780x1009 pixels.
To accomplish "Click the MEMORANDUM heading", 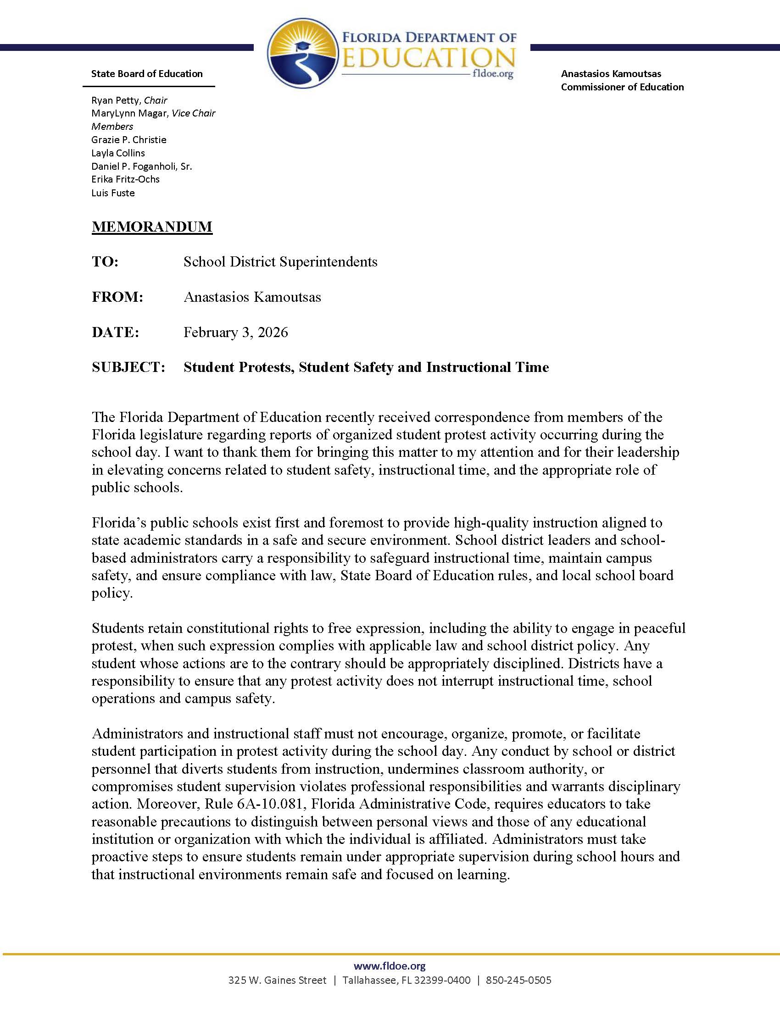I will (x=152, y=227).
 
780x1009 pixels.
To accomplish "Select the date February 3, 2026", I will (x=236, y=332).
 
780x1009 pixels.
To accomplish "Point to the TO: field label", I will (x=106, y=261).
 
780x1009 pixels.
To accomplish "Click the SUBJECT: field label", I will (x=128, y=367).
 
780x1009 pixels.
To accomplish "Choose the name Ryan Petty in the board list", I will (x=115, y=100).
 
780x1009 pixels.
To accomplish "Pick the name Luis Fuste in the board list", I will (x=113, y=193).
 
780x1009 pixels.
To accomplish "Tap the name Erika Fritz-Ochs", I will (x=125, y=179).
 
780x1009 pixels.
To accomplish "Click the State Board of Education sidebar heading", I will (x=147, y=73).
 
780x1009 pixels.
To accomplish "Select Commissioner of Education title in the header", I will (x=622, y=87).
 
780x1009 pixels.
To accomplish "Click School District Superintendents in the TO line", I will (x=280, y=261).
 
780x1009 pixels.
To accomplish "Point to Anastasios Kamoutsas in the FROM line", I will (x=252, y=297).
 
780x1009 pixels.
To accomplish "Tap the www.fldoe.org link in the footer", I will (x=390, y=965).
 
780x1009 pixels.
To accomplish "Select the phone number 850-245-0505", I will (x=518, y=980).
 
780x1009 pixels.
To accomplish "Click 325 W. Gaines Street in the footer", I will (x=277, y=980).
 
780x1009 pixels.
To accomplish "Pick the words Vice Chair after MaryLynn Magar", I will (x=193, y=113).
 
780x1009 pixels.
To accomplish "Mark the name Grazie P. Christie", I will (x=128, y=139).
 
